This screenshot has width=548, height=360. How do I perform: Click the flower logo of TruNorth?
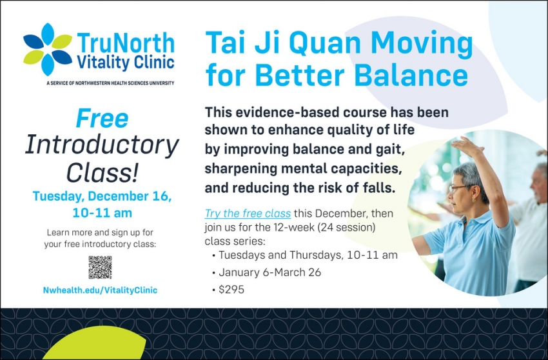(48, 50)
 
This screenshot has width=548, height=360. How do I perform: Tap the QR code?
(100, 267)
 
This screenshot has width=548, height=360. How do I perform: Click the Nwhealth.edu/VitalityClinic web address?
(100, 290)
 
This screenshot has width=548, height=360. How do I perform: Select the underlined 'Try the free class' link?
(248, 214)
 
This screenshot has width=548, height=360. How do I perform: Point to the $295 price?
(231, 290)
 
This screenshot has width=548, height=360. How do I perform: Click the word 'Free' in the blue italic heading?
(102, 119)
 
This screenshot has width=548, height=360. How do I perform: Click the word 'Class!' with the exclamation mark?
(101, 172)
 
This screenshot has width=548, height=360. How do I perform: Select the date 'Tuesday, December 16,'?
(102, 196)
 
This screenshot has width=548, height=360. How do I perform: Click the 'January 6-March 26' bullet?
(269, 272)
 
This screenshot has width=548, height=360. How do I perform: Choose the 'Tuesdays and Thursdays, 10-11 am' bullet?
(308, 255)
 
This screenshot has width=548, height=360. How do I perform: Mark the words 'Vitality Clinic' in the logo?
(125, 63)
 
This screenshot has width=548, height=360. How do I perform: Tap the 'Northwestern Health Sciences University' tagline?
(110, 83)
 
